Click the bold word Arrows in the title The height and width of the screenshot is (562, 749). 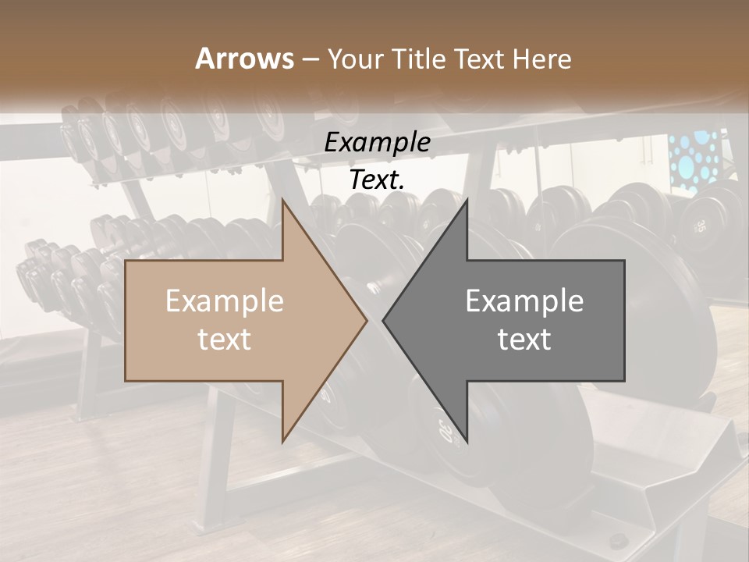tap(244, 59)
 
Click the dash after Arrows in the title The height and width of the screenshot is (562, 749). tap(310, 59)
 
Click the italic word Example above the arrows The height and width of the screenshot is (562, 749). tap(377, 143)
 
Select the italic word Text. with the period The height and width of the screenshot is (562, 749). tap(377, 180)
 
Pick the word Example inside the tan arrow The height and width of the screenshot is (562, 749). tap(224, 301)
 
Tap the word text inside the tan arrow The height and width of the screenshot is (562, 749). tap(224, 340)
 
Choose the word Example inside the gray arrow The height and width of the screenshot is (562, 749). tap(524, 301)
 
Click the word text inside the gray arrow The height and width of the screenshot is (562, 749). tap(524, 340)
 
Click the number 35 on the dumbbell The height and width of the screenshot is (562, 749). tap(701, 226)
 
